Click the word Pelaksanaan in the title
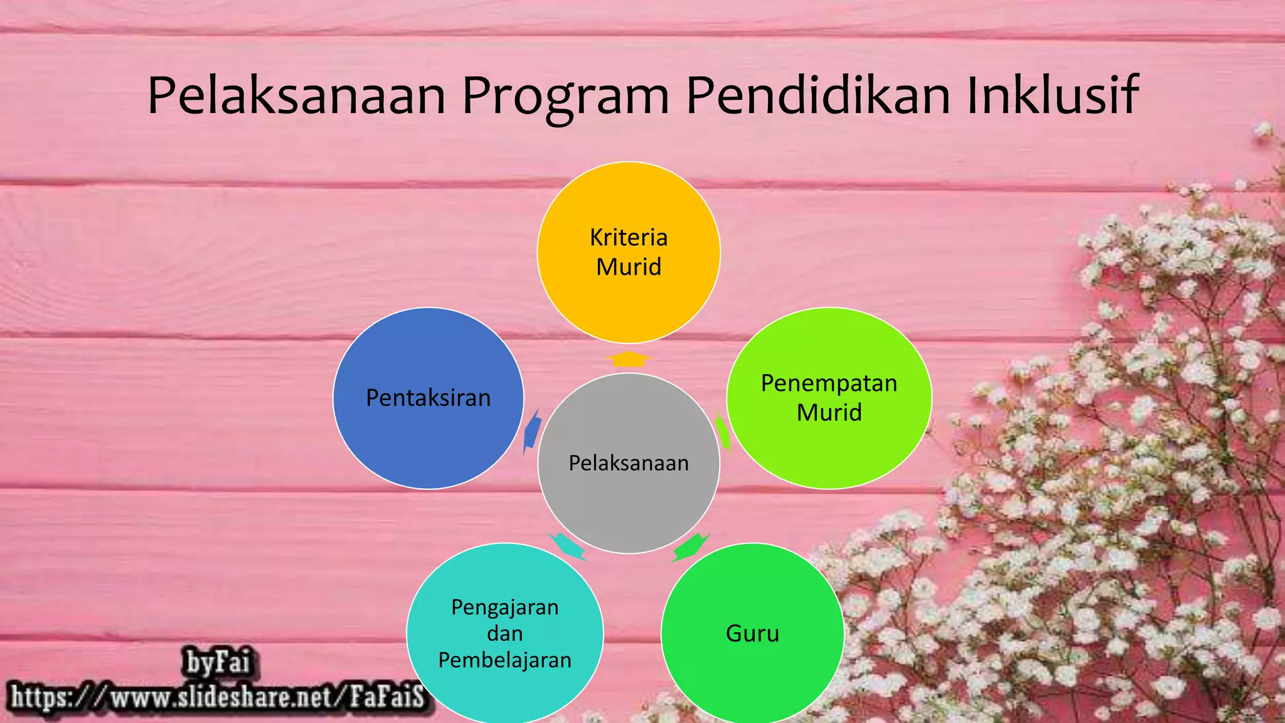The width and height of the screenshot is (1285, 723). pyautogui.click(x=296, y=96)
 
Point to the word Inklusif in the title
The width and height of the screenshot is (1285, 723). pyautogui.click(x=1052, y=96)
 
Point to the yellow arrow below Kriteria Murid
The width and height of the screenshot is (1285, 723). pyautogui.click(x=629, y=359)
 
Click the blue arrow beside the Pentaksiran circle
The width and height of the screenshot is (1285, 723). pyautogui.click(x=532, y=432)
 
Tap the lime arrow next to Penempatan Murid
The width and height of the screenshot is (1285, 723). pyautogui.click(x=723, y=432)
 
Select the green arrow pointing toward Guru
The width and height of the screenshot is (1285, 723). pyautogui.click(x=690, y=547)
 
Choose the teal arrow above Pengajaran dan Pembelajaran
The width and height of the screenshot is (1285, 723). pyautogui.click(x=567, y=546)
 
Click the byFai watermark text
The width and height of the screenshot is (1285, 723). pyautogui.click(x=218, y=662)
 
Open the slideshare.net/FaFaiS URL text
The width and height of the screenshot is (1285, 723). pyautogui.click(x=218, y=697)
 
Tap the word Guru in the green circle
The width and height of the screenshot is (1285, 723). pyautogui.click(x=752, y=633)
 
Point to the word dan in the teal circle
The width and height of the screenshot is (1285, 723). pyautogui.click(x=505, y=633)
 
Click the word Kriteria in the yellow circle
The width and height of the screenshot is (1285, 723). pyautogui.click(x=629, y=238)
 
